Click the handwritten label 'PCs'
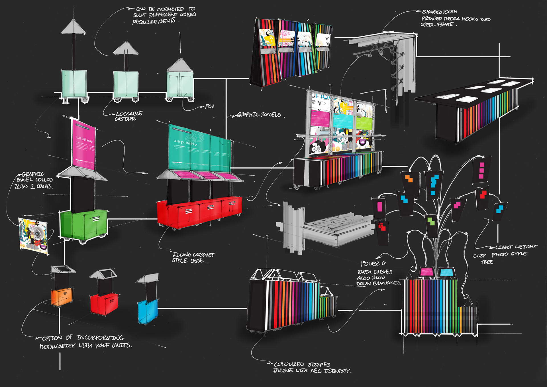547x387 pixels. [x=209, y=106]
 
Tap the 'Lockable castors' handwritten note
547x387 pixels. [x=128, y=116]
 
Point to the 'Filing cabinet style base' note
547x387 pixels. [x=193, y=258]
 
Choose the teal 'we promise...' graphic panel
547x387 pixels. [x=199, y=150]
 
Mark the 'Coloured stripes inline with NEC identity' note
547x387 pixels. [x=312, y=368]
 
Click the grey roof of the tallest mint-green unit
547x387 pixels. [x=73, y=27]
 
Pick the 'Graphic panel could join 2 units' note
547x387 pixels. [x=34, y=180]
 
